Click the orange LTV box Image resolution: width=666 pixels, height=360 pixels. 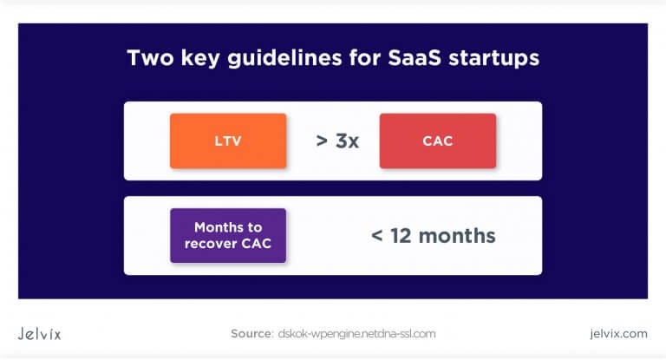click(228, 141)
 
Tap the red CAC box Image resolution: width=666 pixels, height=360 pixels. click(437, 141)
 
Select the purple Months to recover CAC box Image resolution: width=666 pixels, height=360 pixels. click(228, 235)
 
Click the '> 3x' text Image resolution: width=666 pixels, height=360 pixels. click(337, 141)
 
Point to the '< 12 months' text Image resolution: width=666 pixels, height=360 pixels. click(433, 235)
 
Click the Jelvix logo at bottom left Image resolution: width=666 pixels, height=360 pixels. click(40, 333)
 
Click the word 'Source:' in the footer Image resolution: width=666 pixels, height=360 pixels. click(252, 333)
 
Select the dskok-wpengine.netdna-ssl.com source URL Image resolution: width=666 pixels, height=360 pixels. click(356, 333)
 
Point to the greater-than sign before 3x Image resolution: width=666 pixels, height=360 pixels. click(322, 141)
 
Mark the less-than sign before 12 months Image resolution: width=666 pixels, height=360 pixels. click(376, 236)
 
